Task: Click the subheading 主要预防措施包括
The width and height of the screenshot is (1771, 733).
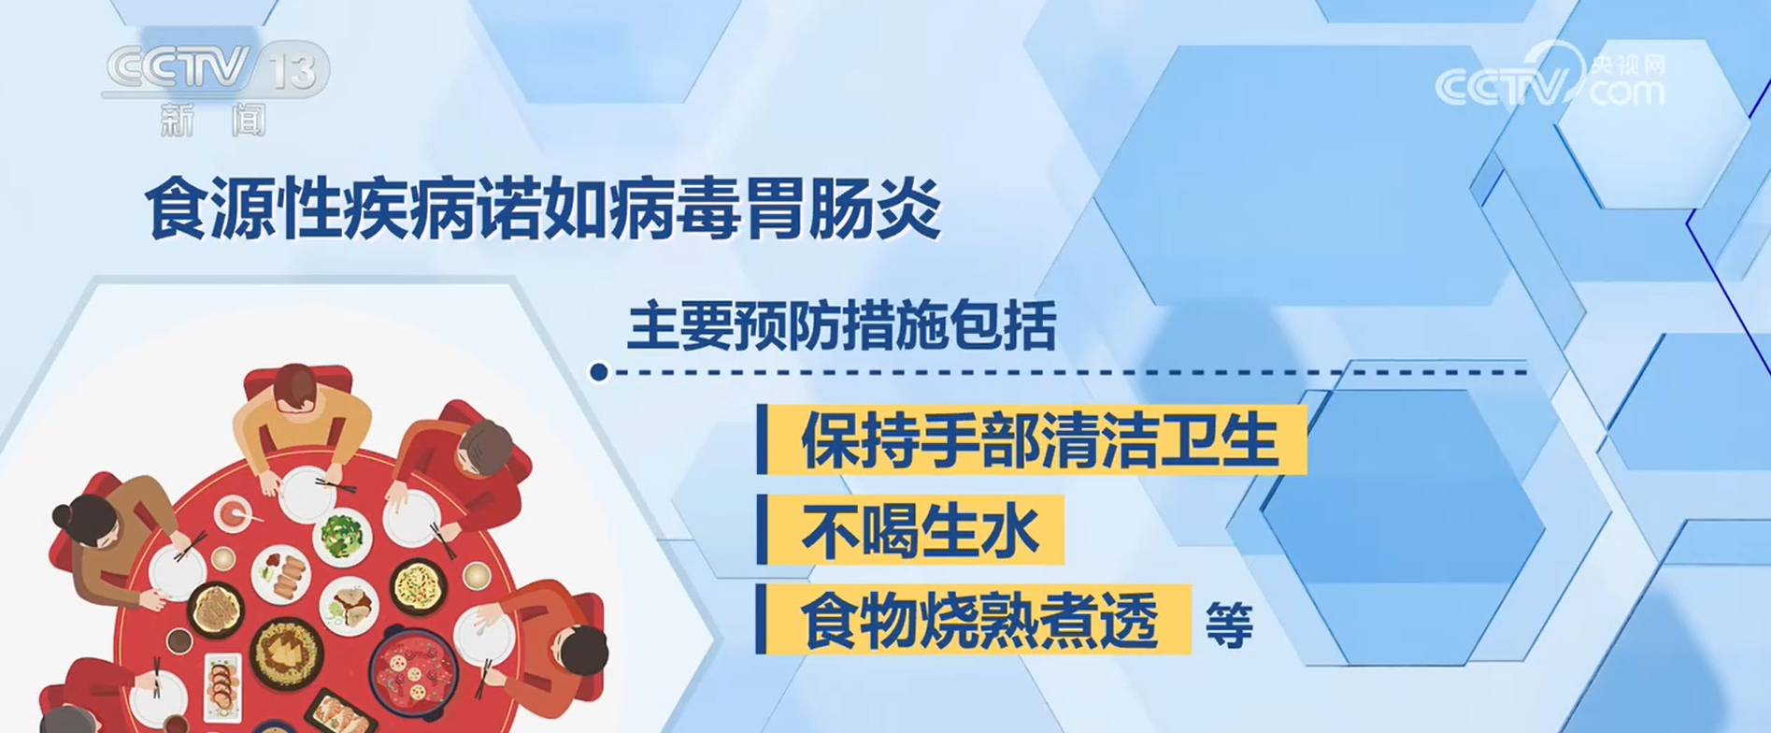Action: [x=842, y=325]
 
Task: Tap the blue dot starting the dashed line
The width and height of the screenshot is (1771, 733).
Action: [x=599, y=372]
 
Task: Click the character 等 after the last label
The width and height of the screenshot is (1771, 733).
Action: [x=1229, y=625]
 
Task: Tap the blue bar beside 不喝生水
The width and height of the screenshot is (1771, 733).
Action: [x=762, y=530]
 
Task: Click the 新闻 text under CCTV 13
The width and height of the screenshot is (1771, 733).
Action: [x=214, y=120]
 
